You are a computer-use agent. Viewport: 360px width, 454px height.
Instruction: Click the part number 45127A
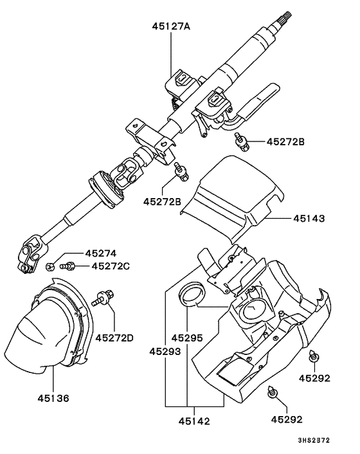click(x=171, y=27)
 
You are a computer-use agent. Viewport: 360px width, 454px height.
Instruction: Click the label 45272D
click(x=114, y=338)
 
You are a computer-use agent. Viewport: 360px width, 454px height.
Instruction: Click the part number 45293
click(x=165, y=352)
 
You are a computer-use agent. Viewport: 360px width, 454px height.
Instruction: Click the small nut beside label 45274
click(x=50, y=266)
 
